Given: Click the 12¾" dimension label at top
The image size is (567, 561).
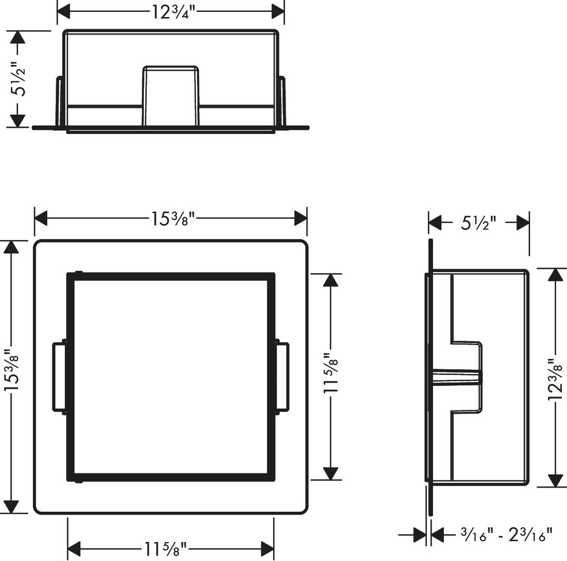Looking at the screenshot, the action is point(173,12).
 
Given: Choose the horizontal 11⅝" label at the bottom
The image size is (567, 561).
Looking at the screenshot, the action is point(166,549).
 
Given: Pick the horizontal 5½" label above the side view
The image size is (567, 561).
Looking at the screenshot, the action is point(478,223).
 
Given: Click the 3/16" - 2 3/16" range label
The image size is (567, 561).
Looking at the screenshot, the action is point(506,535).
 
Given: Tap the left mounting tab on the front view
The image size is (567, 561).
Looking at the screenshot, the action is point(59,377).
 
